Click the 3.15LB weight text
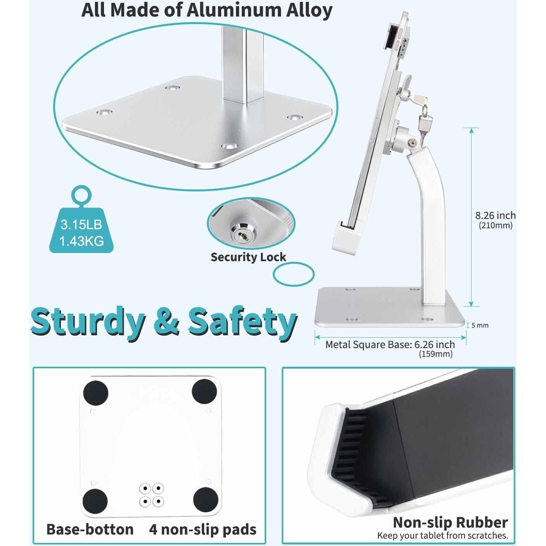tap(81, 224)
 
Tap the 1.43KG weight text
tap(81, 241)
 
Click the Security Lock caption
tap(248, 257)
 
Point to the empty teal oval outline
tap(293, 274)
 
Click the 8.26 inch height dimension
tap(495, 216)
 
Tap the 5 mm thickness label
tap(480, 326)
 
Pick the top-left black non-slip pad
tap(95, 392)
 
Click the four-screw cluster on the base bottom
tap(151, 495)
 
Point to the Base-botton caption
tap(90, 529)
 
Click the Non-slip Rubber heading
tap(450, 522)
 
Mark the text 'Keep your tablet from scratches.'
tap(442, 536)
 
